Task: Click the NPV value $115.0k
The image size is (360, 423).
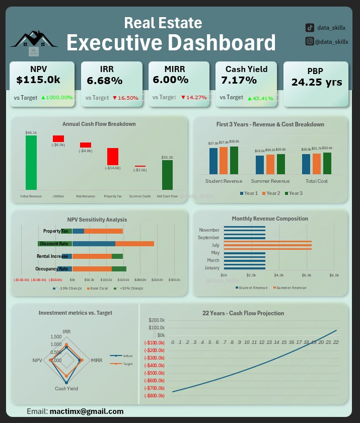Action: [38, 80]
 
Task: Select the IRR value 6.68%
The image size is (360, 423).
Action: [105, 81]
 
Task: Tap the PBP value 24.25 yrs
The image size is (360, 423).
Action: [316, 83]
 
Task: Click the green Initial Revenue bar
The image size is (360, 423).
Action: [31, 162]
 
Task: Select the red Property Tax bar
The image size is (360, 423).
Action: [112, 156]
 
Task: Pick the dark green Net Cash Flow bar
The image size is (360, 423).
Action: [167, 175]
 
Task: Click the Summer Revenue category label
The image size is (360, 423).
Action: [270, 181]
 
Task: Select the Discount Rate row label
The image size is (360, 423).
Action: [54, 244]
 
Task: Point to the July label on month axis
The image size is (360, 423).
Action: [215, 245]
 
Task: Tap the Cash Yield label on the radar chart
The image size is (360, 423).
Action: [66, 389]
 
